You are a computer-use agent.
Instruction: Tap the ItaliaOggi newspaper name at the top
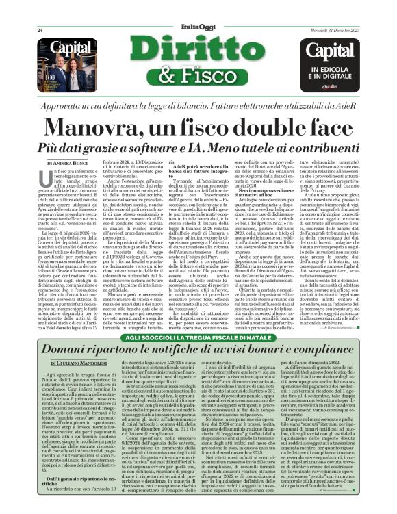tap(198, 25)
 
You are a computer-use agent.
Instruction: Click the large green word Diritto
tap(198, 51)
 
